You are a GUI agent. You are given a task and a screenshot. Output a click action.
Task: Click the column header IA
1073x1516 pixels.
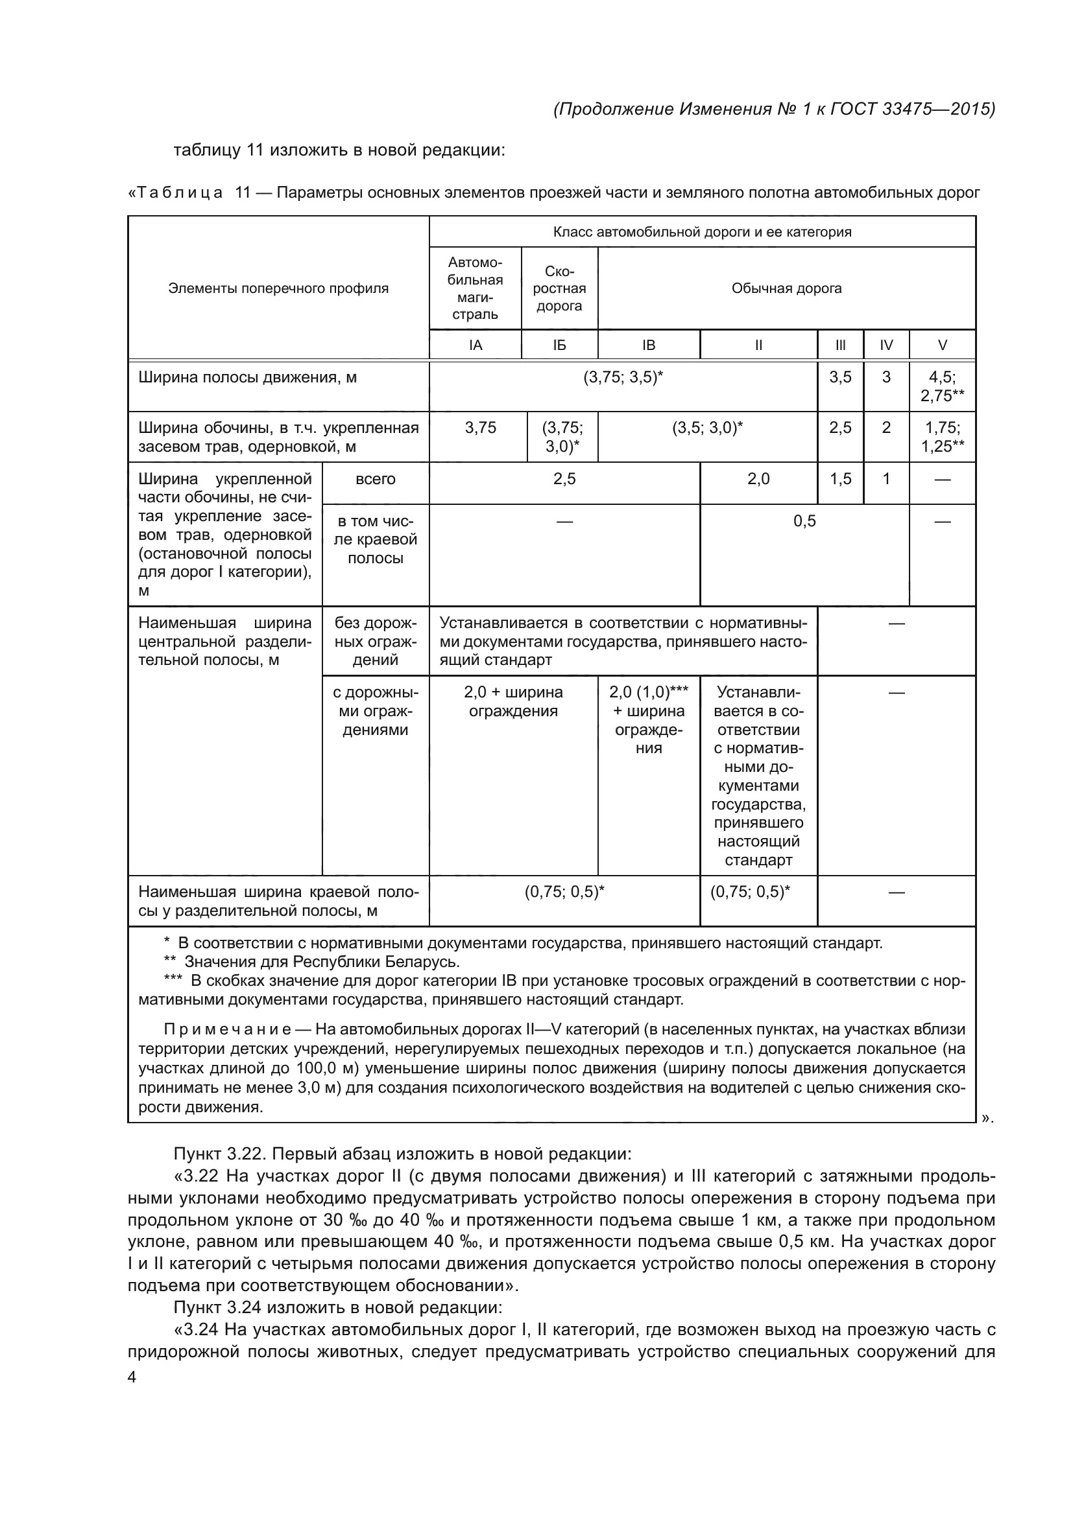[475, 345]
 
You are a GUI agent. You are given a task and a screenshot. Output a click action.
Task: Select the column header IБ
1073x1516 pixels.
[559, 345]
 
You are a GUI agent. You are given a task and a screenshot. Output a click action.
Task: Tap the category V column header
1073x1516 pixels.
[942, 345]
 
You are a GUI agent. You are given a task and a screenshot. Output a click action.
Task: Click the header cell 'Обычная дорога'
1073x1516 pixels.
[786, 288]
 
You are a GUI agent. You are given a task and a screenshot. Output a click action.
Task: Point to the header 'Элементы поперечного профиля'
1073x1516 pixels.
[278, 288]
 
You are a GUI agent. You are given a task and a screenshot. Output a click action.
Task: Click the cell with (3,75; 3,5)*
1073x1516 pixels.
[623, 378]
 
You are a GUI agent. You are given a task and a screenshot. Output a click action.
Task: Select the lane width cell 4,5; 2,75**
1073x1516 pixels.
[942, 386]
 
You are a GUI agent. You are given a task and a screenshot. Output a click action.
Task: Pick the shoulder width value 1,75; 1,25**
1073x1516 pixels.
[942, 436]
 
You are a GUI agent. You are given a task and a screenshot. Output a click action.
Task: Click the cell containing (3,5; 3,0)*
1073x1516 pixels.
[707, 428]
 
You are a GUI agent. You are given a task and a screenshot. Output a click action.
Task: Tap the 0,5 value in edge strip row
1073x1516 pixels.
[804, 522]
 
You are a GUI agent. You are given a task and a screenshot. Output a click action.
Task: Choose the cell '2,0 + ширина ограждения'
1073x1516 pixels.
[513, 701]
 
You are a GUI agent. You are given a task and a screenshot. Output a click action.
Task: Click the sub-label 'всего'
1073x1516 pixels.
[375, 480]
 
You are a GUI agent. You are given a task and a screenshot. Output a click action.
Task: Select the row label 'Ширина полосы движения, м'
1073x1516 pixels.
[247, 378]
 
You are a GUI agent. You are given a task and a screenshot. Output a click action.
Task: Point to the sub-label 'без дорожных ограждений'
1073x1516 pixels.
[375, 641]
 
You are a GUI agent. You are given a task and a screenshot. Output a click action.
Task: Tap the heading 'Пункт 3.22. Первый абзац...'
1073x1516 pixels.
[402, 1154]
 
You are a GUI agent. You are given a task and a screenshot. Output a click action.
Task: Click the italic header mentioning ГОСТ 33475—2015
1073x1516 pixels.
[774, 109]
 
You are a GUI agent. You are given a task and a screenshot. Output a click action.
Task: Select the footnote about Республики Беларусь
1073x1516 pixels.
[312, 961]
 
